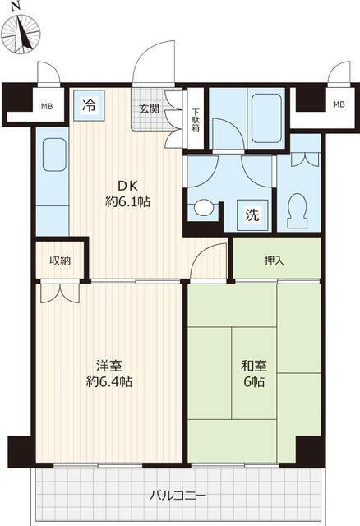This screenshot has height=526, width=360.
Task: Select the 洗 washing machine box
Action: tap(252, 215)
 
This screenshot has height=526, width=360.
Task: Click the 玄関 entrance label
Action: tap(149, 108)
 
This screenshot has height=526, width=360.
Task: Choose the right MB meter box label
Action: tap(339, 104)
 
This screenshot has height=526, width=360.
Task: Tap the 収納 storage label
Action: tap(60, 261)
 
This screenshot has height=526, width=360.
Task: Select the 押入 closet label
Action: tap(275, 261)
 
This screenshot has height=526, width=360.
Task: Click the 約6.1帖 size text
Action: tap(125, 201)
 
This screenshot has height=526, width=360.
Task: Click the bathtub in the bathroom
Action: tap(256, 108)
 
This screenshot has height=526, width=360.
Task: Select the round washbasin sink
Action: tap(201, 210)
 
